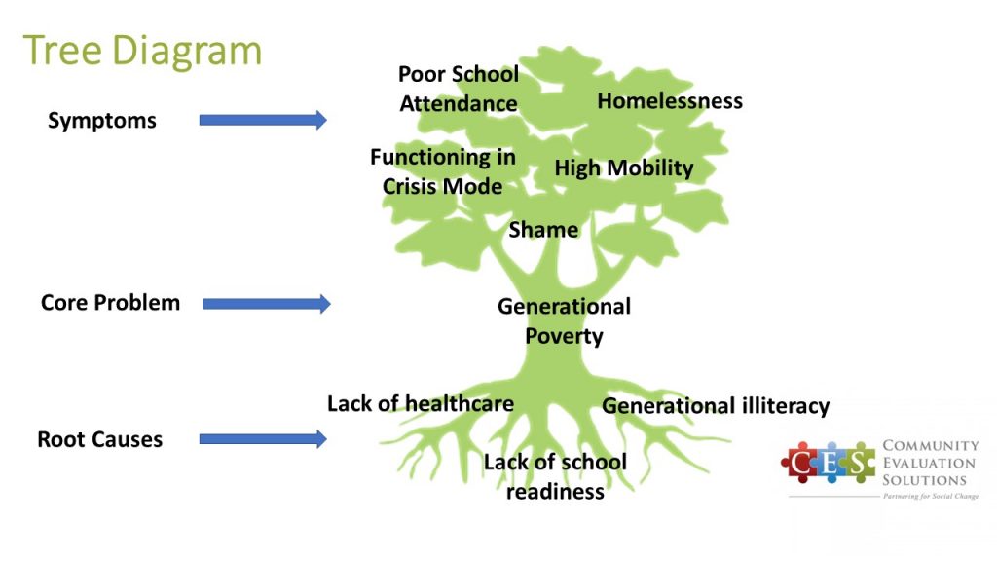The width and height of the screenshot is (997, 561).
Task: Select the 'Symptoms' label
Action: (x=101, y=121)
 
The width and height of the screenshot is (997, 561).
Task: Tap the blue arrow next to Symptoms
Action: (x=263, y=120)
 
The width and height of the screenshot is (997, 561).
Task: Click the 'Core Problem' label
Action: (x=110, y=303)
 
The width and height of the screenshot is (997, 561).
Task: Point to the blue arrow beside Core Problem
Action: (x=267, y=304)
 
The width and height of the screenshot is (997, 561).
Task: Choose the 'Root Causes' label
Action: (x=100, y=439)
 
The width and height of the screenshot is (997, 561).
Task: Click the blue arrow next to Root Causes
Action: (x=263, y=438)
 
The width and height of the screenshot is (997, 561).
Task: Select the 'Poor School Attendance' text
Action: (x=459, y=89)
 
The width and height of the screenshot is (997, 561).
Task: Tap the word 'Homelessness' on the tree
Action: (x=670, y=101)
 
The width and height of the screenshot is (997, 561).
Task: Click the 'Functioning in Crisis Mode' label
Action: (x=443, y=171)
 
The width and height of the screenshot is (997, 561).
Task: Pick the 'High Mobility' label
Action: (x=624, y=168)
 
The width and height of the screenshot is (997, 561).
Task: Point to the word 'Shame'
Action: (x=543, y=230)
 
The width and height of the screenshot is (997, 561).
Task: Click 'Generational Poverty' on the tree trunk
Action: (x=564, y=320)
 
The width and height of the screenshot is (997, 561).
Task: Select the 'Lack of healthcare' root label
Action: (x=421, y=404)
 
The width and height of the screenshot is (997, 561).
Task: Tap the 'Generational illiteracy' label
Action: (x=716, y=406)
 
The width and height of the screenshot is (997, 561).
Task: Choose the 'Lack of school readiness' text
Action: (x=555, y=476)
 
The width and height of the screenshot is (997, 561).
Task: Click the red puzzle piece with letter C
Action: (x=800, y=463)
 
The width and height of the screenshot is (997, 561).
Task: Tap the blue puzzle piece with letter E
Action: (x=831, y=463)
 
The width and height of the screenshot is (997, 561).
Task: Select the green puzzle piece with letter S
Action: (x=859, y=463)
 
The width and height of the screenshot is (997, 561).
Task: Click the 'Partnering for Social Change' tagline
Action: (x=931, y=496)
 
